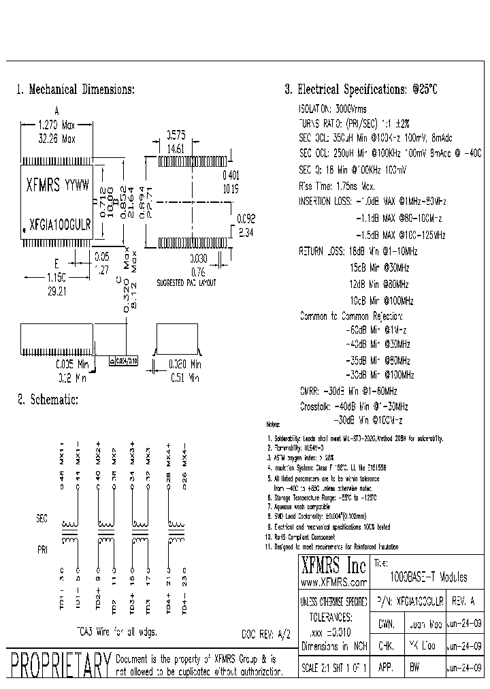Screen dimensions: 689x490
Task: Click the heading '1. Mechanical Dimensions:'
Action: click(75, 90)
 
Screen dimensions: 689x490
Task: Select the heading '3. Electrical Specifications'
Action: click(361, 90)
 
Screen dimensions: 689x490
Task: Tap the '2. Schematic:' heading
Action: click(48, 400)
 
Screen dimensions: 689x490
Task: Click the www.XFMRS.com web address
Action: click(333, 582)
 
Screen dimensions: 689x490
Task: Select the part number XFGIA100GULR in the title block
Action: click(420, 603)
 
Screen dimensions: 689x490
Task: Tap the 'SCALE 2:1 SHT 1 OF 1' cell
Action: click(333, 668)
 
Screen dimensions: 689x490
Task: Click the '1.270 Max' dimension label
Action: click(57, 125)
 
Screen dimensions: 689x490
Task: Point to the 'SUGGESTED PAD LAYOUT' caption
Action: click(186, 283)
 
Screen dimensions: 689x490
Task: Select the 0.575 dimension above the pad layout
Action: click(177, 135)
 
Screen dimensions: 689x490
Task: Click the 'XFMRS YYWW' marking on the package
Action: click(57, 184)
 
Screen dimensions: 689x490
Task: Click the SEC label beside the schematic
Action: click(42, 518)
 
